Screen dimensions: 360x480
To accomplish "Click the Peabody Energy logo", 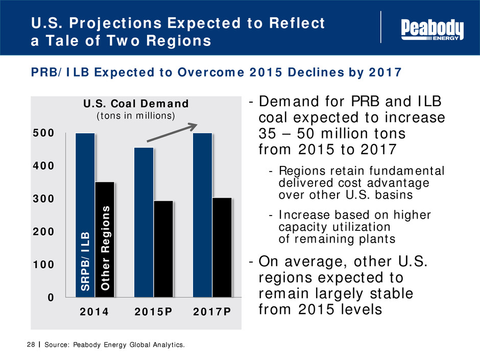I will [x=433, y=30].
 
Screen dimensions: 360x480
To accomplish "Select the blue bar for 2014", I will [x=85, y=214].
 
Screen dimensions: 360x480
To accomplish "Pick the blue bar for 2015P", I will [x=144, y=222].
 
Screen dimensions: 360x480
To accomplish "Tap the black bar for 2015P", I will [x=163, y=249].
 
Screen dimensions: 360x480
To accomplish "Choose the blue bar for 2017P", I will [x=203, y=214].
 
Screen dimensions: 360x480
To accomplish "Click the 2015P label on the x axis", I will [x=153, y=313].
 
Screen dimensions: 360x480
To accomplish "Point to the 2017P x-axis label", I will [x=212, y=313].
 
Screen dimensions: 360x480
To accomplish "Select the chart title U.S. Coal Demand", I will [x=136, y=104].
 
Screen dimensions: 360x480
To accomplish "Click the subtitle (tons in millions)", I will [x=136, y=116].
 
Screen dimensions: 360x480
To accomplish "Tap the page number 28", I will [x=29, y=346].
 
